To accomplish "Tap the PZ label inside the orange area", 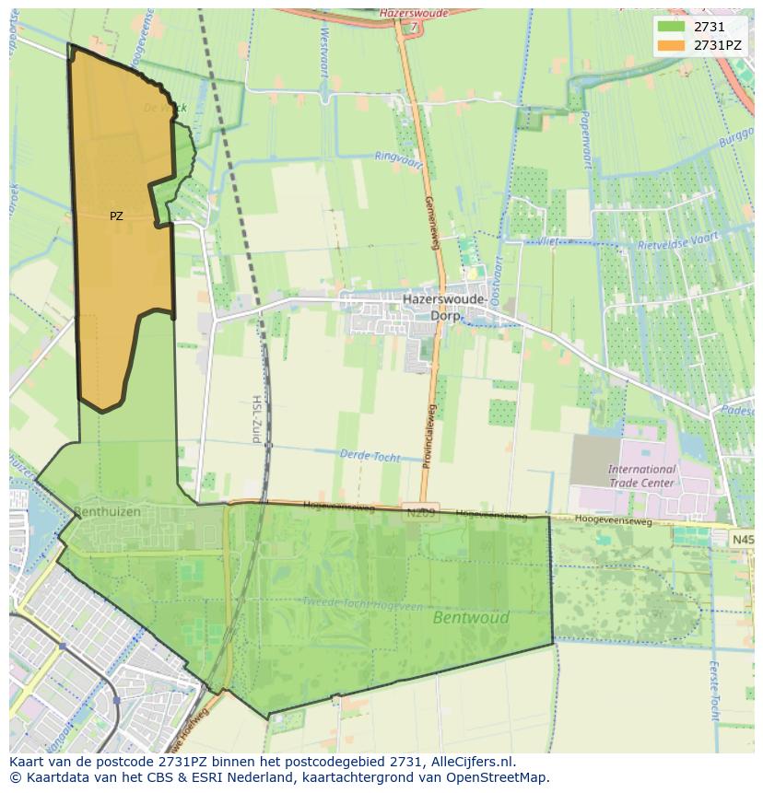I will (116, 216).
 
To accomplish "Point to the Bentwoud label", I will (471, 618).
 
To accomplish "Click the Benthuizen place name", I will (108, 510).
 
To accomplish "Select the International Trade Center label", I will (641, 475).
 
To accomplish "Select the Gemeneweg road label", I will (429, 222).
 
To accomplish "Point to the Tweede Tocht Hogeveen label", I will (362, 603).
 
